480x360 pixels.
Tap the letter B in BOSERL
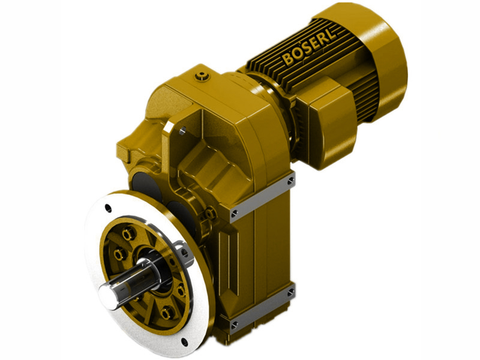[x=287, y=61]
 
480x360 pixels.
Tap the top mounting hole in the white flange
[x=107, y=208]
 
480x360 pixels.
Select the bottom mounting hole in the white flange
[x=184, y=344]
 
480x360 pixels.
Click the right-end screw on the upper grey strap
[x=290, y=180]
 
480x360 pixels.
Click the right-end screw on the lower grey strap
[x=290, y=292]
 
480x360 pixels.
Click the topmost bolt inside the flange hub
[x=127, y=233]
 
